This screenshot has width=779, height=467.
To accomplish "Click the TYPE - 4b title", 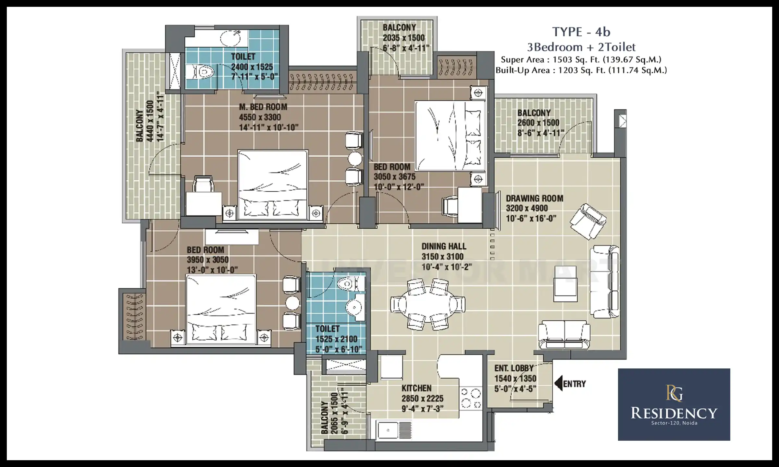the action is pos(581,32).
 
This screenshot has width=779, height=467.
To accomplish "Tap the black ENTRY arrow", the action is pos(558,384).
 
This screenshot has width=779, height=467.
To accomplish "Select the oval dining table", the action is pos(427,304).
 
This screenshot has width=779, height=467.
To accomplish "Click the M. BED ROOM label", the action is pos(263,107).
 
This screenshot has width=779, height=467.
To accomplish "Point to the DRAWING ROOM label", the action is pos(535,198).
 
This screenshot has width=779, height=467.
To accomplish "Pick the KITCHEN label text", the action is pos(416,388).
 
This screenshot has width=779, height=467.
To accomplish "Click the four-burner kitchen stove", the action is pos(471,398).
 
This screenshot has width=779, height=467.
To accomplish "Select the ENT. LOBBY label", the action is pos(514,368).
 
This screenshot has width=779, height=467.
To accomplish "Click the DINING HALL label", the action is pos(444,246).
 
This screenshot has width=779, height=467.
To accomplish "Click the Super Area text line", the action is pos(581,60).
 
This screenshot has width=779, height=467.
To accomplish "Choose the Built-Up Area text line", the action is pos(581,70).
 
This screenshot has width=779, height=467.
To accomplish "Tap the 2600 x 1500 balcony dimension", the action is pos(538,123).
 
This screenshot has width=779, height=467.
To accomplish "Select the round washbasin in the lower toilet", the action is pos(354,307).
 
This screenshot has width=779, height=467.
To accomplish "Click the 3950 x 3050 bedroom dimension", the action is pos(208,260).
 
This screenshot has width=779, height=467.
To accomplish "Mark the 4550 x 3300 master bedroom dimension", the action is pos(260,117).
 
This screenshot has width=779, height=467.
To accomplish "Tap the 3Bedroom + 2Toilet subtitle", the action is pos(581,47).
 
